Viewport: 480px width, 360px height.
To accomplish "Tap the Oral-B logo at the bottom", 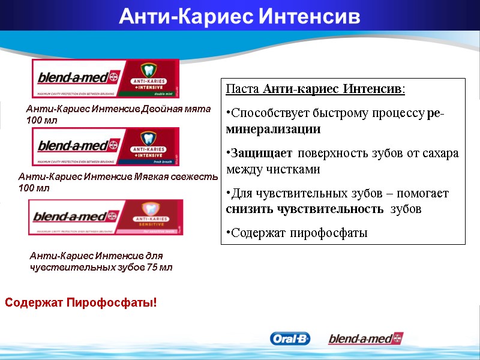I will [290, 339].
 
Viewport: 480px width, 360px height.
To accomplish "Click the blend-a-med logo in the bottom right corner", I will [365, 339].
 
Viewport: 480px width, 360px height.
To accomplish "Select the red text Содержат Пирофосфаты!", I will [81, 302].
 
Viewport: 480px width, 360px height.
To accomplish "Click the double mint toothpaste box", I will [106, 79].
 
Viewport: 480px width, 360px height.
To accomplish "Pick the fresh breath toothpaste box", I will [106, 147].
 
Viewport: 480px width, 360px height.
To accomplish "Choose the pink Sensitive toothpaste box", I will [106, 217].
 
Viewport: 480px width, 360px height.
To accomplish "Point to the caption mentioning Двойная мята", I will [118, 115].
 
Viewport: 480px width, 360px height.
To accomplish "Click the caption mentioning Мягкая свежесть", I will [117, 182].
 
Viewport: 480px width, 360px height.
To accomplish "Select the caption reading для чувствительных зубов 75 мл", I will [101, 262].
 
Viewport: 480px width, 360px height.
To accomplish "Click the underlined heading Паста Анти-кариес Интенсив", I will [316, 89].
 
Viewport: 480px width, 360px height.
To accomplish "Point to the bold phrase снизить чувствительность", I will [305, 209].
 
